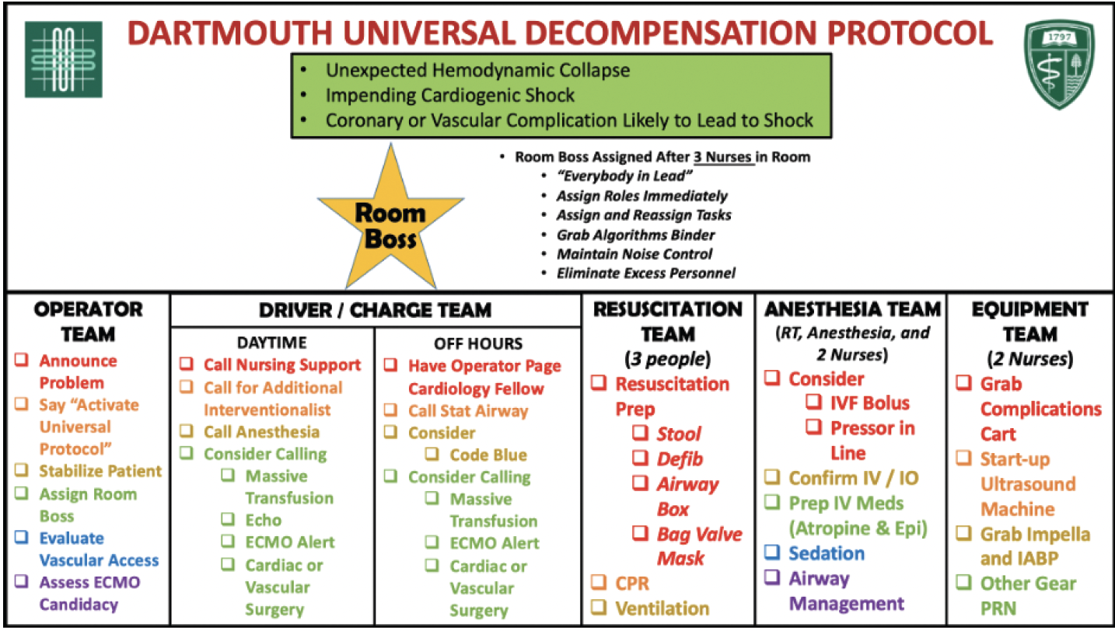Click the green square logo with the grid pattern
[x=64, y=60]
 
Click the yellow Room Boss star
[x=391, y=218]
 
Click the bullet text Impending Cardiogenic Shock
[x=450, y=95]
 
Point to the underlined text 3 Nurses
[x=723, y=157]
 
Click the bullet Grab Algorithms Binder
[x=636, y=235]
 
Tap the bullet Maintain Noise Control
[x=634, y=254]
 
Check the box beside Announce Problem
[x=22, y=359]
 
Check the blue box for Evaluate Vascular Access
[x=22, y=537]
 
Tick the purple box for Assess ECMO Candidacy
[x=22, y=580]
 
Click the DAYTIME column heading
[x=272, y=343]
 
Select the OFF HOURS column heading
[x=478, y=343]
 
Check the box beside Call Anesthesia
[x=187, y=431]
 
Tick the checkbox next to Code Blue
[x=432, y=453]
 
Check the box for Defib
[x=640, y=458]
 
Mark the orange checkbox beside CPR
[x=599, y=582]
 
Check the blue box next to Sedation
[x=772, y=552]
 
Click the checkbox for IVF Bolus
[x=814, y=402]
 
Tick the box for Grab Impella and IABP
[x=963, y=533]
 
